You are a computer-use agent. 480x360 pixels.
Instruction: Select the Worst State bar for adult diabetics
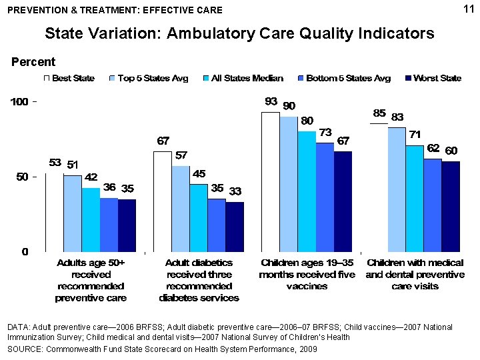(x=235, y=227)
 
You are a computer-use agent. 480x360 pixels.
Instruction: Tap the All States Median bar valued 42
(x=91, y=220)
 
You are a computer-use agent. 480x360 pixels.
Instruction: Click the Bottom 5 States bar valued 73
(x=325, y=197)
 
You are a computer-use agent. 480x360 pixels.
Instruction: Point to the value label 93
(x=271, y=102)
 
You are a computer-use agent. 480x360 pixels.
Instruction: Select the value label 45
(x=199, y=173)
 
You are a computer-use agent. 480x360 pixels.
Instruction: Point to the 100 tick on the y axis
(x=20, y=102)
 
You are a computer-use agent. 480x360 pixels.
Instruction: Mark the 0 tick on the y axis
(x=23, y=252)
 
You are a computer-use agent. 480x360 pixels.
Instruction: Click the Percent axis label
(x=33, y=62)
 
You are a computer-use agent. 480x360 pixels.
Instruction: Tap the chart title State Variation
(x=239, y=33)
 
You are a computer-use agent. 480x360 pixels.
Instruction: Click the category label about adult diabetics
(x=199, y=280)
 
